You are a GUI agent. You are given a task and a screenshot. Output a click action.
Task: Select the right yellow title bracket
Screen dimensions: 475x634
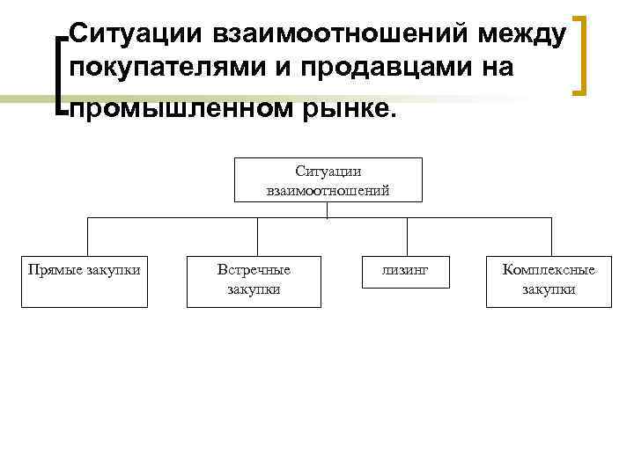point(581,53)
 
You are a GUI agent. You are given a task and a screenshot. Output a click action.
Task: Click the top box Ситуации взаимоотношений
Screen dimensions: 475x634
point(328,179)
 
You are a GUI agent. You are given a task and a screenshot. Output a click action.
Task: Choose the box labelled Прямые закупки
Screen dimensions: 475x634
point(85,281)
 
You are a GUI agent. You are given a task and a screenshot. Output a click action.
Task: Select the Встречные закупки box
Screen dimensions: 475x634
point(254,281)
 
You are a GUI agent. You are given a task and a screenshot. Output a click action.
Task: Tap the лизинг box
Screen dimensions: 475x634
point(405,272)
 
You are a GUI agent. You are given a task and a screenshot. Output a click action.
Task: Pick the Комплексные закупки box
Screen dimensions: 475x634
point(549,281)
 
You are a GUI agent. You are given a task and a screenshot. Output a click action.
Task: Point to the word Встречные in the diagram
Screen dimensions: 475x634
point(254,270)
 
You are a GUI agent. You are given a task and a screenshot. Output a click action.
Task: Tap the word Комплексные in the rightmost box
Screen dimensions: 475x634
point(549,270)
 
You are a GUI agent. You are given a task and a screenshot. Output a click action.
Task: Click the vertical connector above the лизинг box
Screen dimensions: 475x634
point(407,237)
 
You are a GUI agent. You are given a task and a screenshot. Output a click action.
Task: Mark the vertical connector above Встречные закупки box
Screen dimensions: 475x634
point(256,237)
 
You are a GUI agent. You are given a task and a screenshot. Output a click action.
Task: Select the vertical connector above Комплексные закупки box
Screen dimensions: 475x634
point(551,237)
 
